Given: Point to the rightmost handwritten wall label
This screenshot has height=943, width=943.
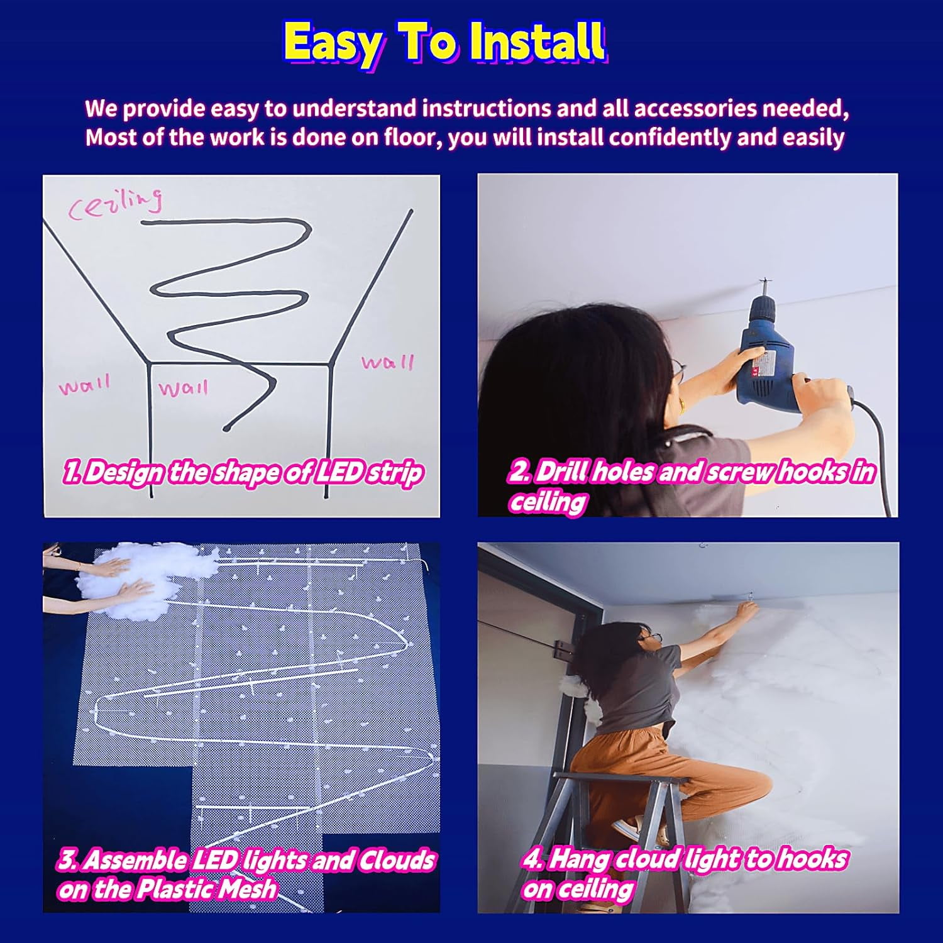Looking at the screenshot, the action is point(387,362).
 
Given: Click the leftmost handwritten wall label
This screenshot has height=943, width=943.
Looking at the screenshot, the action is point(84,384).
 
